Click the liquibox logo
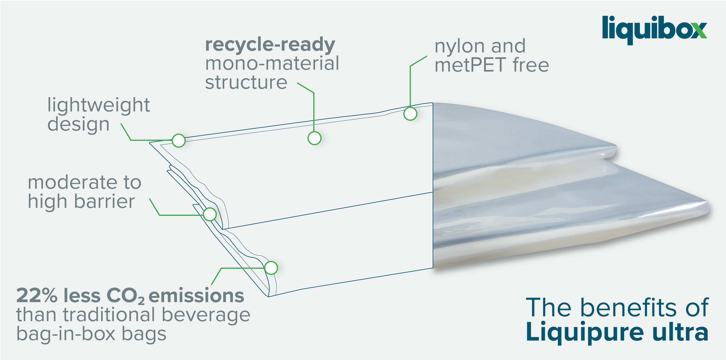coord(654,30)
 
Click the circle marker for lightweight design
coord(179,140)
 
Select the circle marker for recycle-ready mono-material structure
coord(315,138)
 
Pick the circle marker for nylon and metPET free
coord(410,114)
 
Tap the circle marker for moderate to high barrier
coord(210,214)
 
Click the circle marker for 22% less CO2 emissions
coord(271,268)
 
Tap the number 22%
coord(37,295)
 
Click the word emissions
coord(196,295)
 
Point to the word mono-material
coord(272,63)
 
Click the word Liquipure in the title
coord(585,333)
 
